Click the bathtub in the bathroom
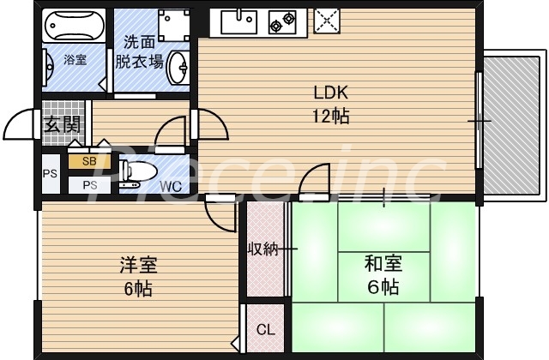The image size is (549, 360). [74, 24]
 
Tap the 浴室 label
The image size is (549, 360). [75, 60]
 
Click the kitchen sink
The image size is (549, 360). [236, 21]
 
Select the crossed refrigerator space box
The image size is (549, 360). [327, 21]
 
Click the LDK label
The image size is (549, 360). [329, 93]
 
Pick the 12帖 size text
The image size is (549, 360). [330, 117]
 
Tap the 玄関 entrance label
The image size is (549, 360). [62, 124]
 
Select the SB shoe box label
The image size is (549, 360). [89, 160]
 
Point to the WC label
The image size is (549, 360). [170, 185]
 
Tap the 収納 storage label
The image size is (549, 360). [263, 249]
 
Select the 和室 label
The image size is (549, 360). [383, 262]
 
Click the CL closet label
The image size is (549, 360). [265, 329]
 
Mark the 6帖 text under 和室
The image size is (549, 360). [383, 287]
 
